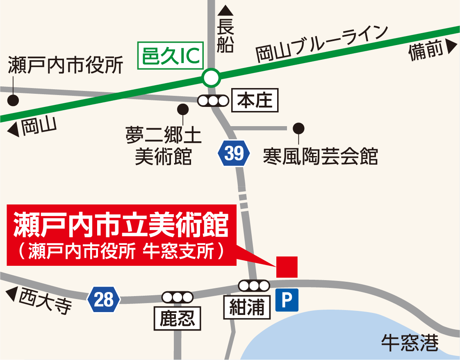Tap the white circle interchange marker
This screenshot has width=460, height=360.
212,78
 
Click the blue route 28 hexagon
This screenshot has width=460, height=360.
104,300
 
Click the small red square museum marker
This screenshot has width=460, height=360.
287,267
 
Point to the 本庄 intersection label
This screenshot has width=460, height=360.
255,100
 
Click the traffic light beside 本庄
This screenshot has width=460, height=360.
213,100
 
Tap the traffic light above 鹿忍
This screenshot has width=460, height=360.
178,297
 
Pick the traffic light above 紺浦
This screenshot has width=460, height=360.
254,285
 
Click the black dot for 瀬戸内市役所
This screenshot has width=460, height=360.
14,100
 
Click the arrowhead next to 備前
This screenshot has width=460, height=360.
452,48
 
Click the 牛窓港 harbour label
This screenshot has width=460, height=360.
410,343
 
